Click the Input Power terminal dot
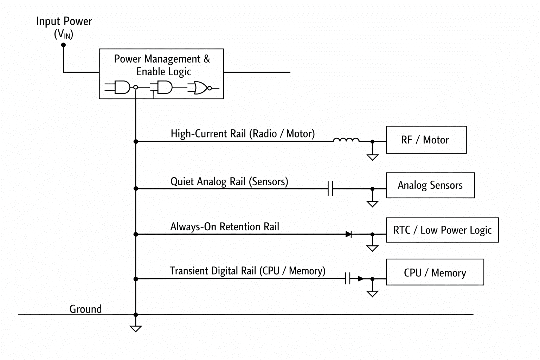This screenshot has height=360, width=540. tap(63, 45)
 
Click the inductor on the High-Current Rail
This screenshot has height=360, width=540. tap(346, 140)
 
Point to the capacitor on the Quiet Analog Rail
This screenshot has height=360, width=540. tap(330, 188)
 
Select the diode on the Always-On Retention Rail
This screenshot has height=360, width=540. tap(349, 234)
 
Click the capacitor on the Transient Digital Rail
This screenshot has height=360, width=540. tap(348, 278)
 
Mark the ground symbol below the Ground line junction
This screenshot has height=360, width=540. tap(136, 328)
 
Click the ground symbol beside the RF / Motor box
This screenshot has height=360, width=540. tap(372, 157)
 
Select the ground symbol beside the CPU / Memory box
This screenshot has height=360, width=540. tap(372, 294)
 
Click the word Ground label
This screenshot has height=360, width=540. tap(85, 309)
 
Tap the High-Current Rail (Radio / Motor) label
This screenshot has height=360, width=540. tap(243, 134)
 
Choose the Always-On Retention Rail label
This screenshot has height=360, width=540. tap(225, 227)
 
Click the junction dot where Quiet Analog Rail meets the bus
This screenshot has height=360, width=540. tap(136, 188)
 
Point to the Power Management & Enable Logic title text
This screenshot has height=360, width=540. tap(162, 65)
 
